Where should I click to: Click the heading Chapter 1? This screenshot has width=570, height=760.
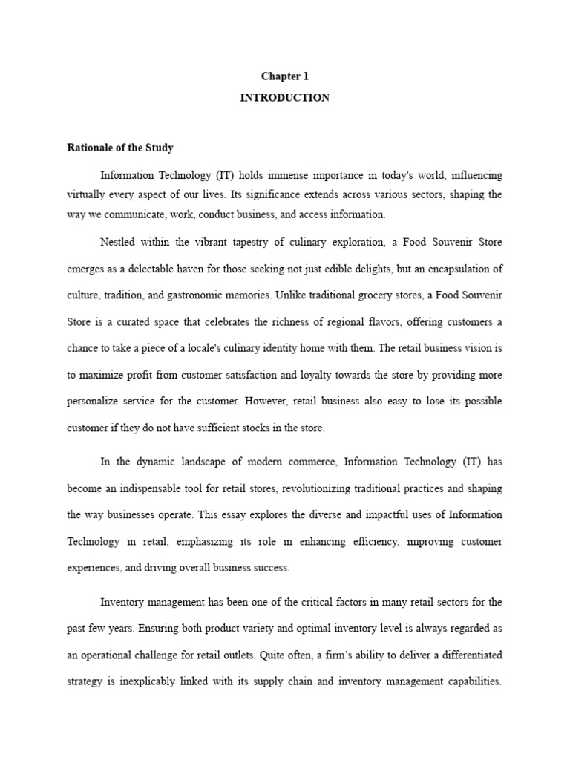284,76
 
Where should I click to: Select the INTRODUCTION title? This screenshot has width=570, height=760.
284,98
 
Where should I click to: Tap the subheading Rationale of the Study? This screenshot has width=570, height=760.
120,148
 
